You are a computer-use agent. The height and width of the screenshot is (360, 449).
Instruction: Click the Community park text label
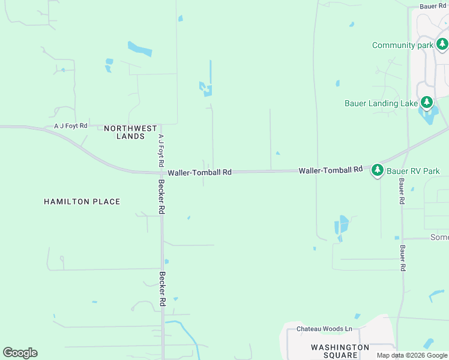click(x=402, y=46)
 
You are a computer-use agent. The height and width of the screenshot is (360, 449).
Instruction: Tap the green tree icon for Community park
click(x=442, y=44)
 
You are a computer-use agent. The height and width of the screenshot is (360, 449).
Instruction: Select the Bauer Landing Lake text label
click(x=381, y=103)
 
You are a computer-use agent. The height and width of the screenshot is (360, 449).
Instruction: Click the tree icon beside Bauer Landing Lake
click(x=427, y=103)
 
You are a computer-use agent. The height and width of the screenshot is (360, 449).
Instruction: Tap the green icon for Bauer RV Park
click(x=378, y=170)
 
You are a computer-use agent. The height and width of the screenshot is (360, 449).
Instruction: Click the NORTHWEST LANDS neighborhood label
click(x=130, y=132)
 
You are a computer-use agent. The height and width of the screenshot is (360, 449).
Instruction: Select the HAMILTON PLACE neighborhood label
click(x=82, y=202)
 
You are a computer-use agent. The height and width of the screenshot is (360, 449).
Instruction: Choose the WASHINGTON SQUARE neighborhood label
click(x=340, y=351)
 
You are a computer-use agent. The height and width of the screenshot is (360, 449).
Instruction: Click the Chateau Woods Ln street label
click(x=324, y=329)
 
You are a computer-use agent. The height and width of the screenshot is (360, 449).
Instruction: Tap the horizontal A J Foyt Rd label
click(x=71, y=126)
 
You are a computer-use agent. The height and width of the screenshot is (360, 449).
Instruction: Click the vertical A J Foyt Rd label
click(x=161, y=150)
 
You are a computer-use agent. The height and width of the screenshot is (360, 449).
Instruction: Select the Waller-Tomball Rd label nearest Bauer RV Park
click(x=331, y=170)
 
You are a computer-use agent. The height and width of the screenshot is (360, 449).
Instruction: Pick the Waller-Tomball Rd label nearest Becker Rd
click(x=199, y=172)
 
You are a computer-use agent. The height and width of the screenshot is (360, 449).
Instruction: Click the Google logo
click(x=20, y=353)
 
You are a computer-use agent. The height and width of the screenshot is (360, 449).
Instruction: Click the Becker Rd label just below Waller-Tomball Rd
click(x=161, y=197)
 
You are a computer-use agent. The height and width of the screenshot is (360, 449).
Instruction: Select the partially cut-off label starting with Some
click(x=439, y=238)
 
